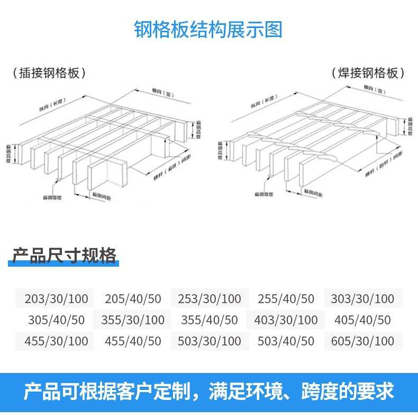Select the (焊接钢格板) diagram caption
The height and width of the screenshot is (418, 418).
tap(368, 73)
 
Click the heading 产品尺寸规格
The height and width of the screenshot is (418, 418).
tap(64, 256)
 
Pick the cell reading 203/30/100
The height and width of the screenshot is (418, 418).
tap(56, 298)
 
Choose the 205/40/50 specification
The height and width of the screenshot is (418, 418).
tap(133, 298)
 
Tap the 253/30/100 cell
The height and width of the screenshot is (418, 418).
tap(209, 298)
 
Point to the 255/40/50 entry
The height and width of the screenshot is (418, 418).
tap(286, 298)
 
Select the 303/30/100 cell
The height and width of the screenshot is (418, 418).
tap(362, 298)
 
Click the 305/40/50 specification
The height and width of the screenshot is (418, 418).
tap(56, 320)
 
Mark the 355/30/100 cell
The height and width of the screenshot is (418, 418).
tap(133, 320)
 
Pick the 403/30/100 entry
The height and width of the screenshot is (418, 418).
tap(286, 320)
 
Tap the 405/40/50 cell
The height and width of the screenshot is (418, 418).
tap(362, 320)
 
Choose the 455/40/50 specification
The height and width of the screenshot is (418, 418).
tap(133, 341)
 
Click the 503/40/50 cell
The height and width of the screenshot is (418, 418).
tap(286, 341)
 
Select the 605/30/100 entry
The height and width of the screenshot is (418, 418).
tap(362, 341)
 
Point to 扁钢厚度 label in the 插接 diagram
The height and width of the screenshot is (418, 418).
tap(52, 197)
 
